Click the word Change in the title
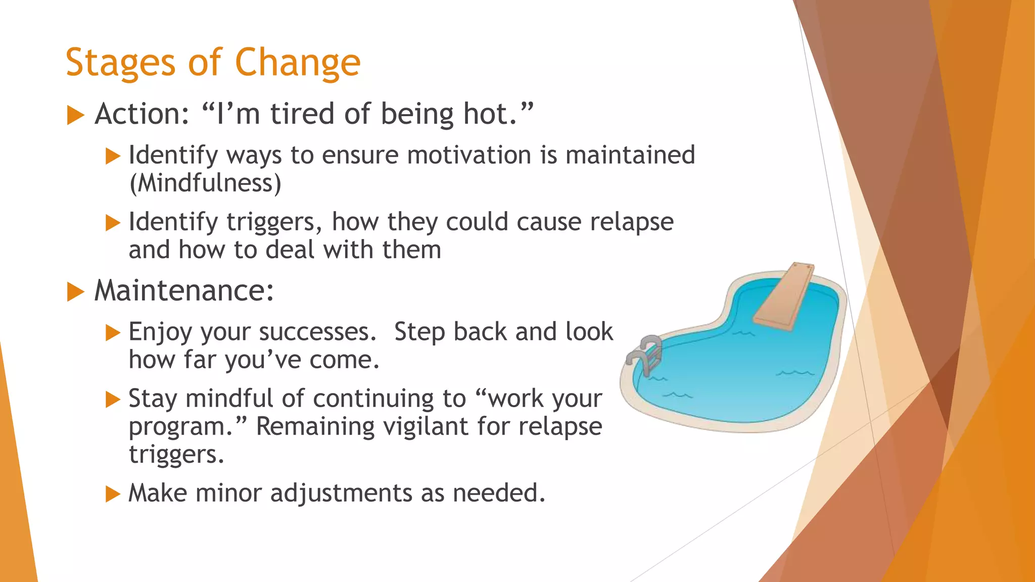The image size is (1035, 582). pos(298,63)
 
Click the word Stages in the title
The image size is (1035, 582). pos(119,63)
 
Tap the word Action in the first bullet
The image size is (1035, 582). pos(142,114)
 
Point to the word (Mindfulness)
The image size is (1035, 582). pos(205,183)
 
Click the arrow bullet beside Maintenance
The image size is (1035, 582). pos(75,292)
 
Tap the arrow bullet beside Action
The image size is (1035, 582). pos(75,115)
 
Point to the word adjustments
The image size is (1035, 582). pos(341,493)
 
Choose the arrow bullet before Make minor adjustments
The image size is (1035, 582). pos(112,494)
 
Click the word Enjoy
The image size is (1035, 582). pos(160,332)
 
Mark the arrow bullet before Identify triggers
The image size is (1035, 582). pos(112,223)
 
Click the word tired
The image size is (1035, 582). pos(302,114)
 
